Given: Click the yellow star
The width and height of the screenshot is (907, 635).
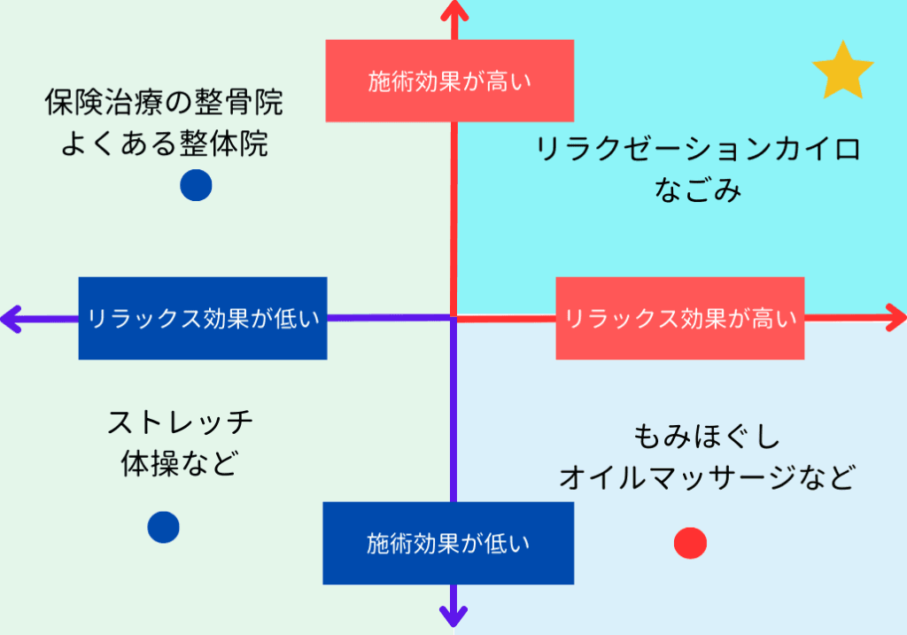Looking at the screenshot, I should (842, 71).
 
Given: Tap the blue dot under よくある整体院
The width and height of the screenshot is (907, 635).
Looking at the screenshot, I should (196, 185).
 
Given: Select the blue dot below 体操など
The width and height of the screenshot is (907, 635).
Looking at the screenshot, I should (164, 527).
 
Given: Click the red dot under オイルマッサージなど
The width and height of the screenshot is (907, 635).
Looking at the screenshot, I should (690, 543).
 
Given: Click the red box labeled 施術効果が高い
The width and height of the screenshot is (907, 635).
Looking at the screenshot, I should (449, 81).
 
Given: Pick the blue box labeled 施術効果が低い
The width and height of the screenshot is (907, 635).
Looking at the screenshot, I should (448, 543).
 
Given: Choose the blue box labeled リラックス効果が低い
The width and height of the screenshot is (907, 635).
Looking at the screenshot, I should (202, 318).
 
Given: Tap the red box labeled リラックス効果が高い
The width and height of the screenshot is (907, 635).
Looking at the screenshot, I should (679, 318).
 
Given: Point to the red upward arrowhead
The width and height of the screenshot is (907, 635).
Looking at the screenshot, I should (453, 11).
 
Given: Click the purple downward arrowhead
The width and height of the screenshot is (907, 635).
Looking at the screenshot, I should (453, 614).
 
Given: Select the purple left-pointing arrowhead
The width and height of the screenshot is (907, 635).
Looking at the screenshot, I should (12, 318).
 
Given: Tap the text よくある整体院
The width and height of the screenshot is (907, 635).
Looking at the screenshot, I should (164, 143).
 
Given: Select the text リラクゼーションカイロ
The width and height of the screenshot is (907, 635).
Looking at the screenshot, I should (698, 149).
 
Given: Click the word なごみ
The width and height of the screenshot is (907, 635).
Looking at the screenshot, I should (698, 190).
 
